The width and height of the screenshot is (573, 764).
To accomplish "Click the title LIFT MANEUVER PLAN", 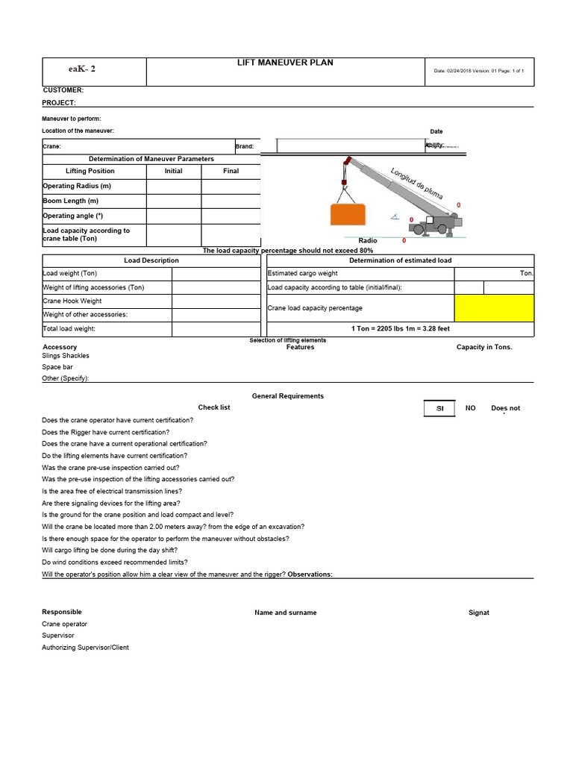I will point(284,63).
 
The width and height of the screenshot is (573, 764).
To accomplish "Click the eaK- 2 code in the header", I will point(81,69).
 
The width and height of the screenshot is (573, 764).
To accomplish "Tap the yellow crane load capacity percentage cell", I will point(494,307).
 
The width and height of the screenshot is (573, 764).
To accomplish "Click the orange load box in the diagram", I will point(350,214).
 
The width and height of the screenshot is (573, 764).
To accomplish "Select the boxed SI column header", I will point(440,409).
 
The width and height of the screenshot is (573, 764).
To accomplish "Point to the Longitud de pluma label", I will point(416,184).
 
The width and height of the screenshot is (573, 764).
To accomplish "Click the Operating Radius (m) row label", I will point(77,186).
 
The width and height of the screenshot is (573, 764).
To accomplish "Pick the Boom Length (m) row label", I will point(71,201).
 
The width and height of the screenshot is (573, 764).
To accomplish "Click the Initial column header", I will point(173,171).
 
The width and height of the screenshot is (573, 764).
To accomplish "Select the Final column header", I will point(231,171).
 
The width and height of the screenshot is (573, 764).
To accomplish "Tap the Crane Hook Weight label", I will point(72,301).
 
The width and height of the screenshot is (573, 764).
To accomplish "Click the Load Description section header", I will point(151,260).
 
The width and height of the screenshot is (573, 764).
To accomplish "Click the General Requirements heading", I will point(288,396).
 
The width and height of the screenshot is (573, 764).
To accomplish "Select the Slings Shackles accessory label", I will point(66,356).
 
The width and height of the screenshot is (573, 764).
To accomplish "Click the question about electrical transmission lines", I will point(112,491).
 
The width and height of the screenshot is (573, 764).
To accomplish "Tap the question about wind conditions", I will point(115,562).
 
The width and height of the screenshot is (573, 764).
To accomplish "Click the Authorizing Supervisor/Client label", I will point(85,648).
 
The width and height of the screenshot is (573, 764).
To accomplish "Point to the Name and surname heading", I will point(285,613).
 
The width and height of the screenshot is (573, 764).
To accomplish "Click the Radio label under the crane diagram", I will point(368,241).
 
